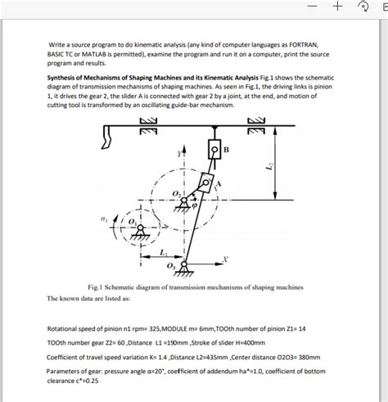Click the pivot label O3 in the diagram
coord(170,266)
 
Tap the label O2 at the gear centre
coord(176,194)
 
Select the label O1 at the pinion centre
coord(132,222)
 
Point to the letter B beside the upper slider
coord(226,150)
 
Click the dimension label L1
coord(163,253)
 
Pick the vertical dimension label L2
coord(269,165)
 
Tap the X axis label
coord(225,260)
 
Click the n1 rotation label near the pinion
coord(103,219)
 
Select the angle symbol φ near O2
coord(194,206)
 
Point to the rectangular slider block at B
coord(214,149)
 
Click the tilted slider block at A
coord(206,183)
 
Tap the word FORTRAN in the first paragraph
coord(303,44)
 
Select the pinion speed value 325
coord(155,328)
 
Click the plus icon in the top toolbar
coord(337,6)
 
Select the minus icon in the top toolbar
coord(313,6)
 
